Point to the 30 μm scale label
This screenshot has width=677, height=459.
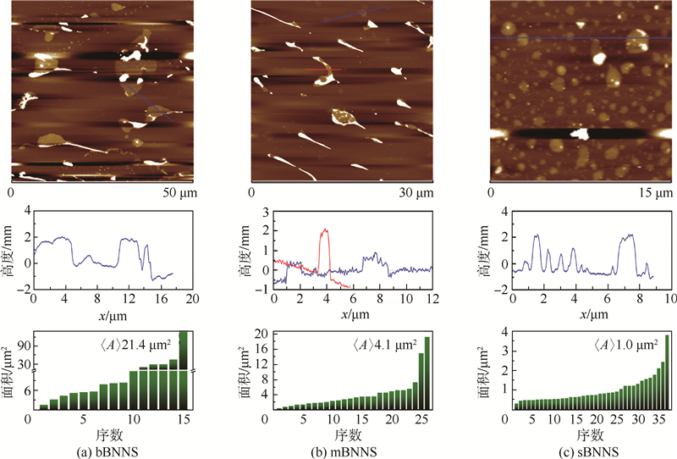416,194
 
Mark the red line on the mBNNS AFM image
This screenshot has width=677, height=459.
322,69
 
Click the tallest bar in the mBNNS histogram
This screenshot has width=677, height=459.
427,373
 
